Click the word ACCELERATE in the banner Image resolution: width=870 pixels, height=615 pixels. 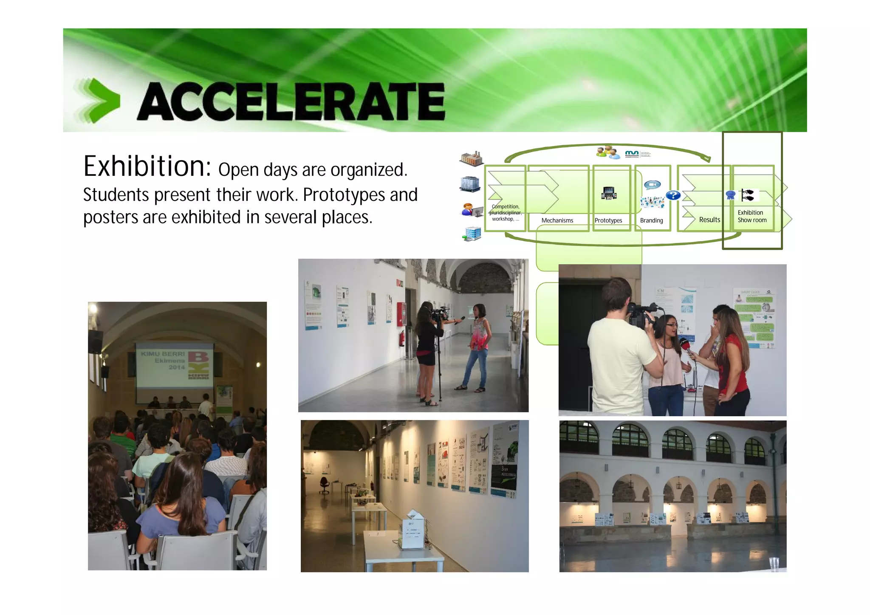[291, 102]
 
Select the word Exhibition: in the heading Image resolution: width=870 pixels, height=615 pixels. [147, 166]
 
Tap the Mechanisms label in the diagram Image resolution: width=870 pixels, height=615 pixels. [557, 220]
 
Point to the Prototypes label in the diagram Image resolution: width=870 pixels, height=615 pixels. [608, 220]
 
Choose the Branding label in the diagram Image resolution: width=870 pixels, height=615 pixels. [651, 220]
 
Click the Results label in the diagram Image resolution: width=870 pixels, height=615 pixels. [709, 220]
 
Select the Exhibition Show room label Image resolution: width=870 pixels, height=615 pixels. [751, 216]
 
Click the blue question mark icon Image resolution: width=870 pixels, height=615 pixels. [673, 195]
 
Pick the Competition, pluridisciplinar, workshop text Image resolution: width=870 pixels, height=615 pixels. [505, 213]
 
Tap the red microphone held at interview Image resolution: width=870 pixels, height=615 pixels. [685, 343]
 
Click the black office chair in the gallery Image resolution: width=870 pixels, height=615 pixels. [324, 485]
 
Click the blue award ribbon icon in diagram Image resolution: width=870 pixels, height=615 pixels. [730, 195]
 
